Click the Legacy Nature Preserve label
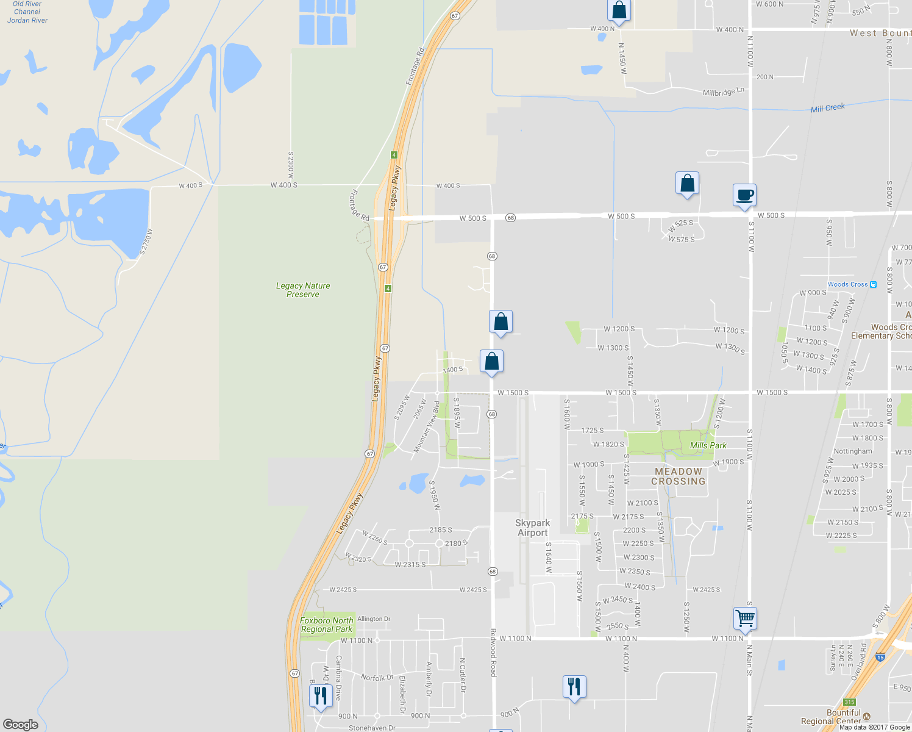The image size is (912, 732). [303, 290]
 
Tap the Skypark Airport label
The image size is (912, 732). [533, 528]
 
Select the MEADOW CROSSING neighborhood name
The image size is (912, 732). [678, 476]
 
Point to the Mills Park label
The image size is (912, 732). [708, 445]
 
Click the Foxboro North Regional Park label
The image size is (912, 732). [326, 625]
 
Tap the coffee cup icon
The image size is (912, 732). [744, 195]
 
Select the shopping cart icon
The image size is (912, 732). [745, 618]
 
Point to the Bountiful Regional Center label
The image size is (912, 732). [835, 717]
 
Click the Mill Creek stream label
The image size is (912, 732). [828, 108]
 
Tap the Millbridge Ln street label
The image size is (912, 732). [724, 92]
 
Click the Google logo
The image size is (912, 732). [21, 724]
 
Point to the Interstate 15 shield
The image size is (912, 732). [880, 657]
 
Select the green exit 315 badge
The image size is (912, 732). [849, 702]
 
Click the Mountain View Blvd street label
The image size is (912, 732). [426, 427]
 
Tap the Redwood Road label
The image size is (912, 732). [493, 653]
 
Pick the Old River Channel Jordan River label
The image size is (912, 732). [27, 12]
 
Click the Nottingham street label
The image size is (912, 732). [852, 451]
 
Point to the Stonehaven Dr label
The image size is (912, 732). [372, 728]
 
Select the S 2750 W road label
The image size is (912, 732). [146, 242]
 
